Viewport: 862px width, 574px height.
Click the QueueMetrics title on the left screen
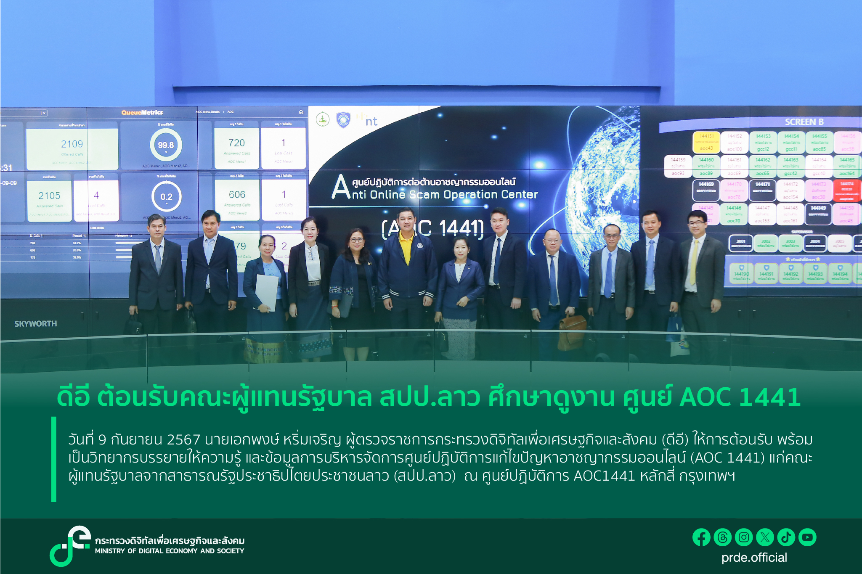tap(142, 112)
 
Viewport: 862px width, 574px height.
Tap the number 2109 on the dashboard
tap(72, 144)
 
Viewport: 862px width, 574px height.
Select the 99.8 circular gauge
tap(166, 145)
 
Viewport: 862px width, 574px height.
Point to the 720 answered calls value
tap(236, 143)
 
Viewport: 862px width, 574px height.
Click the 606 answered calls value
tap(237, 194)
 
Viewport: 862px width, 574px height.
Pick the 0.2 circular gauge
tap(166, 196)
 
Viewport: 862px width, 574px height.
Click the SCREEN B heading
tap(804, 122)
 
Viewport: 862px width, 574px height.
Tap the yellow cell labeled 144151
tap(706, 142)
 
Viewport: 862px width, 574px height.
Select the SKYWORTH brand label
tap(36, 324)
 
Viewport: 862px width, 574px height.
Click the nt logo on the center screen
tap(371, 122)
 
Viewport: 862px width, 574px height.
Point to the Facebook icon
tap(701, 537)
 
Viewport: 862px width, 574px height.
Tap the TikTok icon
tap(786, 537)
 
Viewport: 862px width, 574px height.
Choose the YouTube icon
tap(807, 537)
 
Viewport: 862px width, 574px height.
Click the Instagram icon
tap(744, 537)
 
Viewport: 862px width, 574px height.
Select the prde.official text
tap(754, 558)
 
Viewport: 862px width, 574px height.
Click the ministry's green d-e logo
tap(70, 545)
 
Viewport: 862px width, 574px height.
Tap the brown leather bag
tap(571, 332)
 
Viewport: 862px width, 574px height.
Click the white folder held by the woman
tap(267, 292)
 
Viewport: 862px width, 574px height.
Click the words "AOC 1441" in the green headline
tap(740, 397)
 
